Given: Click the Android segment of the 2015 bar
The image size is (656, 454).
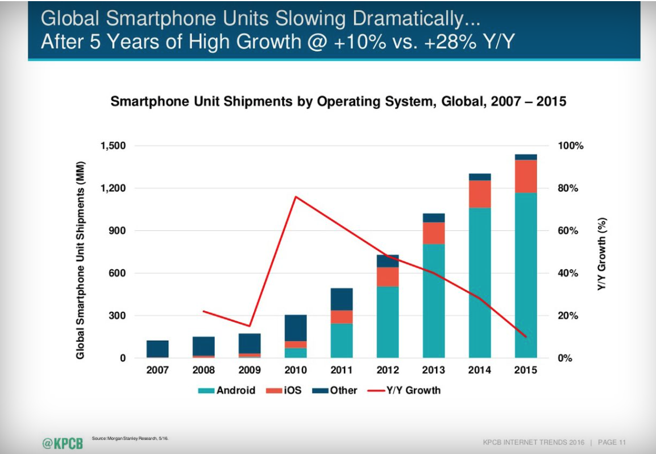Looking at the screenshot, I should tap(526, 275).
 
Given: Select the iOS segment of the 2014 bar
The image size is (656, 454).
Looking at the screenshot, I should tap(480, 194).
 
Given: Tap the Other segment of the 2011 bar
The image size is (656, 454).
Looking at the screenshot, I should tap(342, 299).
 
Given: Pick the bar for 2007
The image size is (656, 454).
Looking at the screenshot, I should tap(157, 349).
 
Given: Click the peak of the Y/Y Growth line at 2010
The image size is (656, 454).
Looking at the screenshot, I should tap(296, 197).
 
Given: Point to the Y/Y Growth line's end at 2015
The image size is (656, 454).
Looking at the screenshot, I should tap(525, 337).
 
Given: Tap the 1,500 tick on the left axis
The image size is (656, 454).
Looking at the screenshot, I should tap(114, 146).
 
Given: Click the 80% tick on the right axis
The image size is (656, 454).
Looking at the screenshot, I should tap(567, 188).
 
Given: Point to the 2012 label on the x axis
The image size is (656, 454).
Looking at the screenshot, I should tap(388, 370).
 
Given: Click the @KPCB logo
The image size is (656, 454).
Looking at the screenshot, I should tap(62, 443).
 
